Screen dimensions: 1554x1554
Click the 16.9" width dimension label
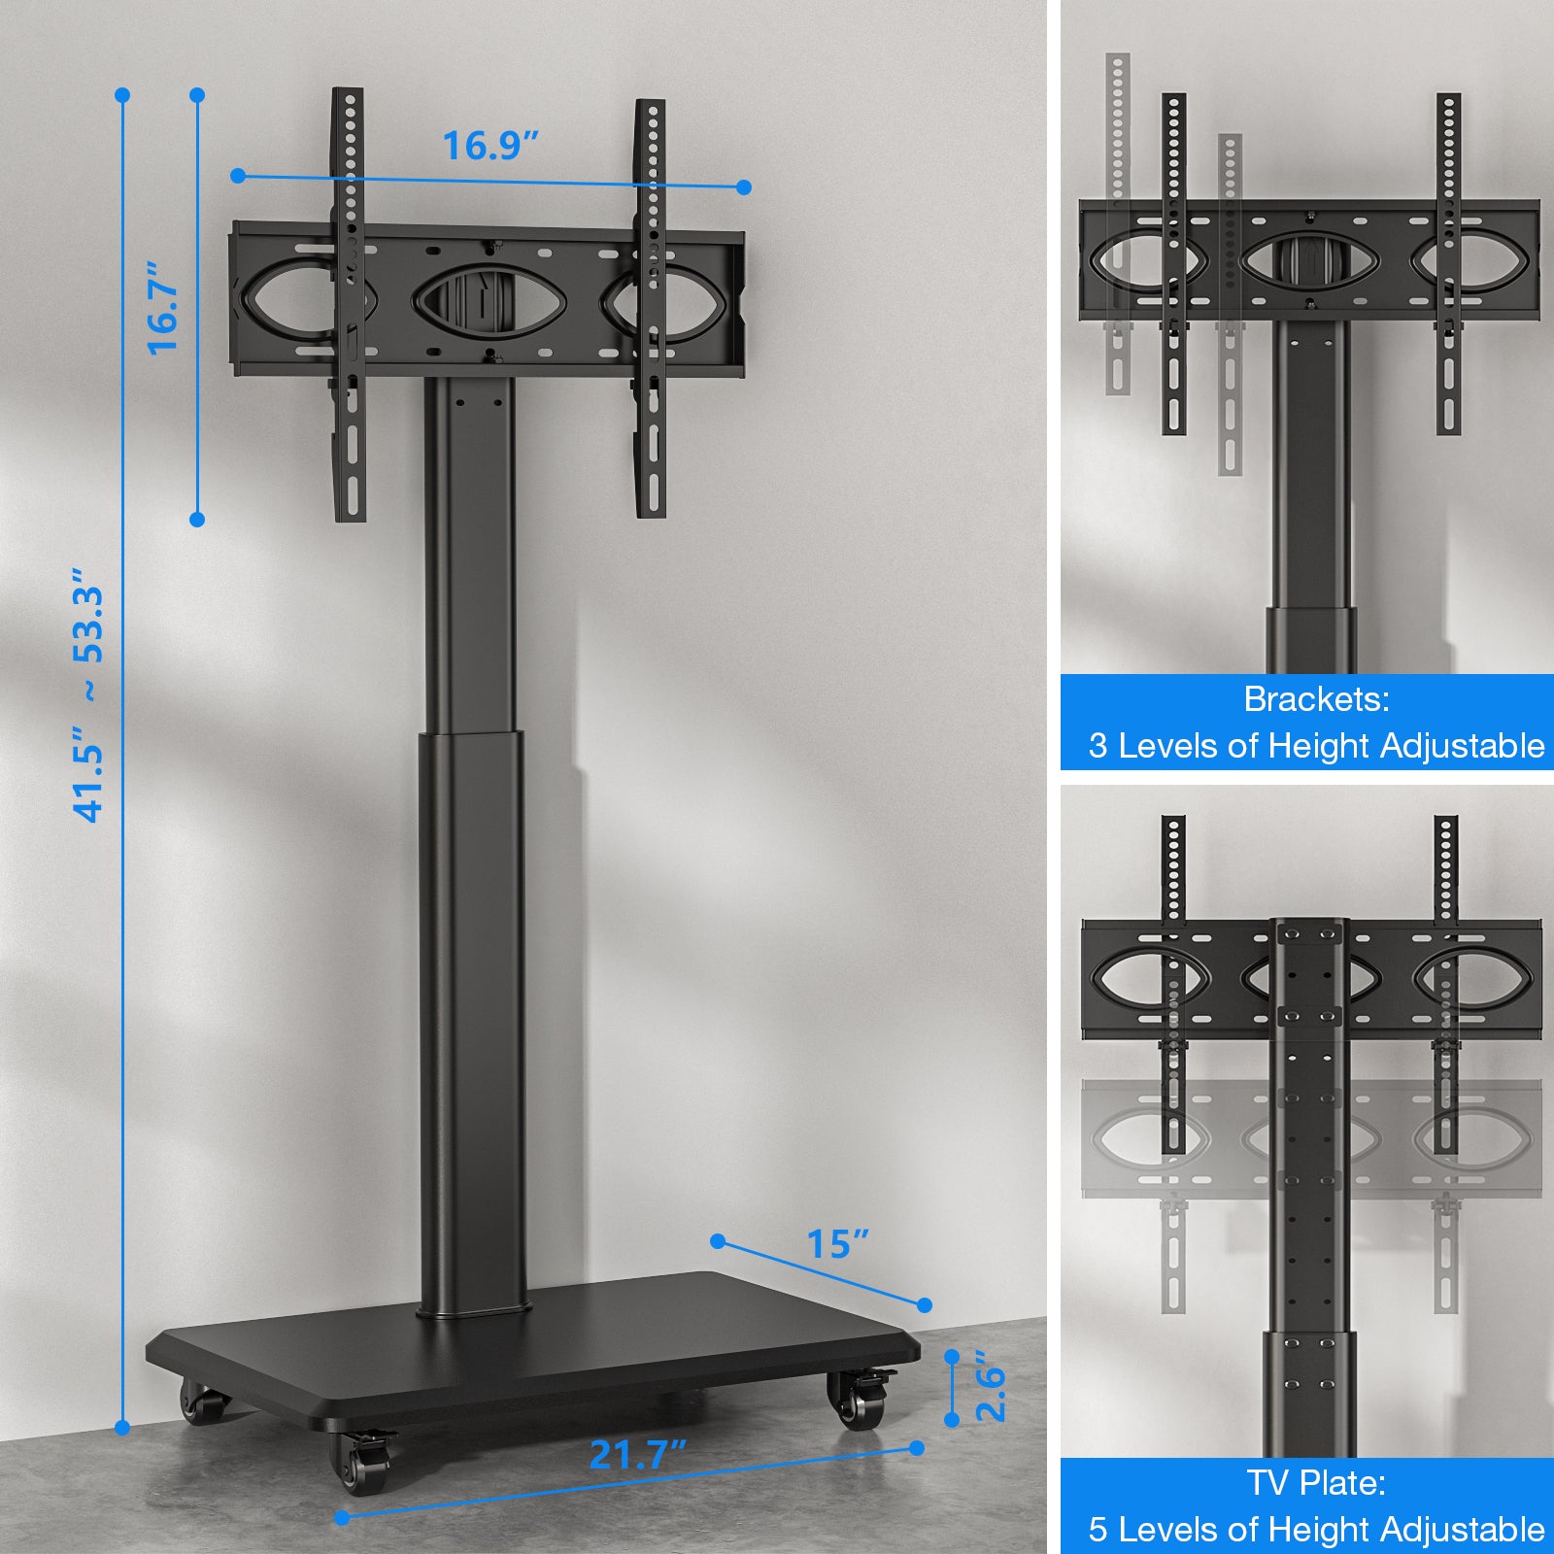(x=490, y=146)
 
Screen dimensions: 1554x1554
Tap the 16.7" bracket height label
(x=163, y=307)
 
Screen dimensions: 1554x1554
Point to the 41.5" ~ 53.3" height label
(x=89, y=704)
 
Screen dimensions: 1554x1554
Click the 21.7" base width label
(x=638, y=1454)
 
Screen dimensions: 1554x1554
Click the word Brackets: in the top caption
(x=1316, y=699)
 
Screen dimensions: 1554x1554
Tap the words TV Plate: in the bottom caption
(x=1316, y=1483)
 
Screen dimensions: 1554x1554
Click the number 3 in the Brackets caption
(x=1098, y=746)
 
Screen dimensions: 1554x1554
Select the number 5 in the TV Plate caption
(x=1098, y=1530)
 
